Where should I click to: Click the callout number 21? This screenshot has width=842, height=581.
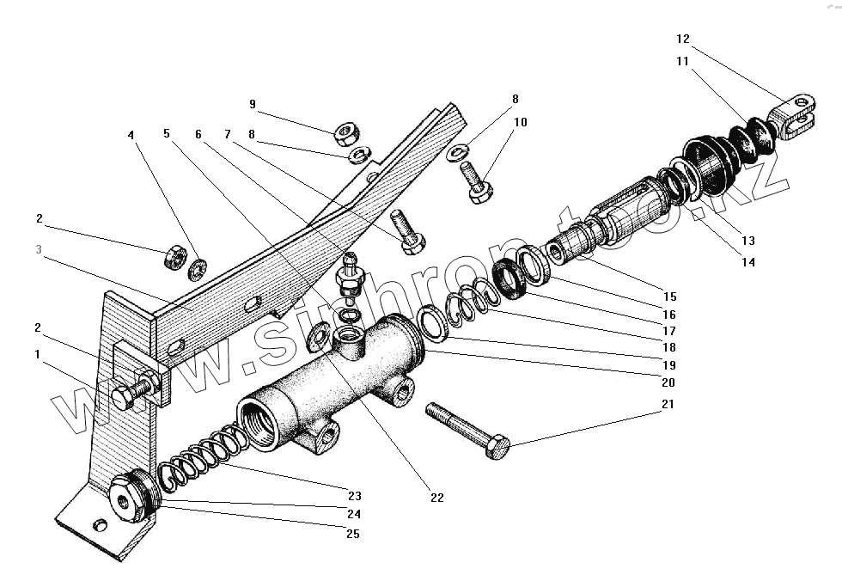668,404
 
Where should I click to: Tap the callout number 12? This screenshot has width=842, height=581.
683,39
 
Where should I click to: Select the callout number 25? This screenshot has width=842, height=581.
352,534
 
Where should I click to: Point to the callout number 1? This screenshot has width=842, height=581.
37,353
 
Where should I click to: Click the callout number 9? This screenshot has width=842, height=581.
253,104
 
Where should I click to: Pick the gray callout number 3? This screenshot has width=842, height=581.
37,249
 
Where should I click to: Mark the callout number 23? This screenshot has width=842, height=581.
354,496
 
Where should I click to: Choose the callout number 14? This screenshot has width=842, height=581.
748,262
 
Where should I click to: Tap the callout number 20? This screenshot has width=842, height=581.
668,382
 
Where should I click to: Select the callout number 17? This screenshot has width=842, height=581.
669,331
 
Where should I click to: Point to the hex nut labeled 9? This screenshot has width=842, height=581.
346,132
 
